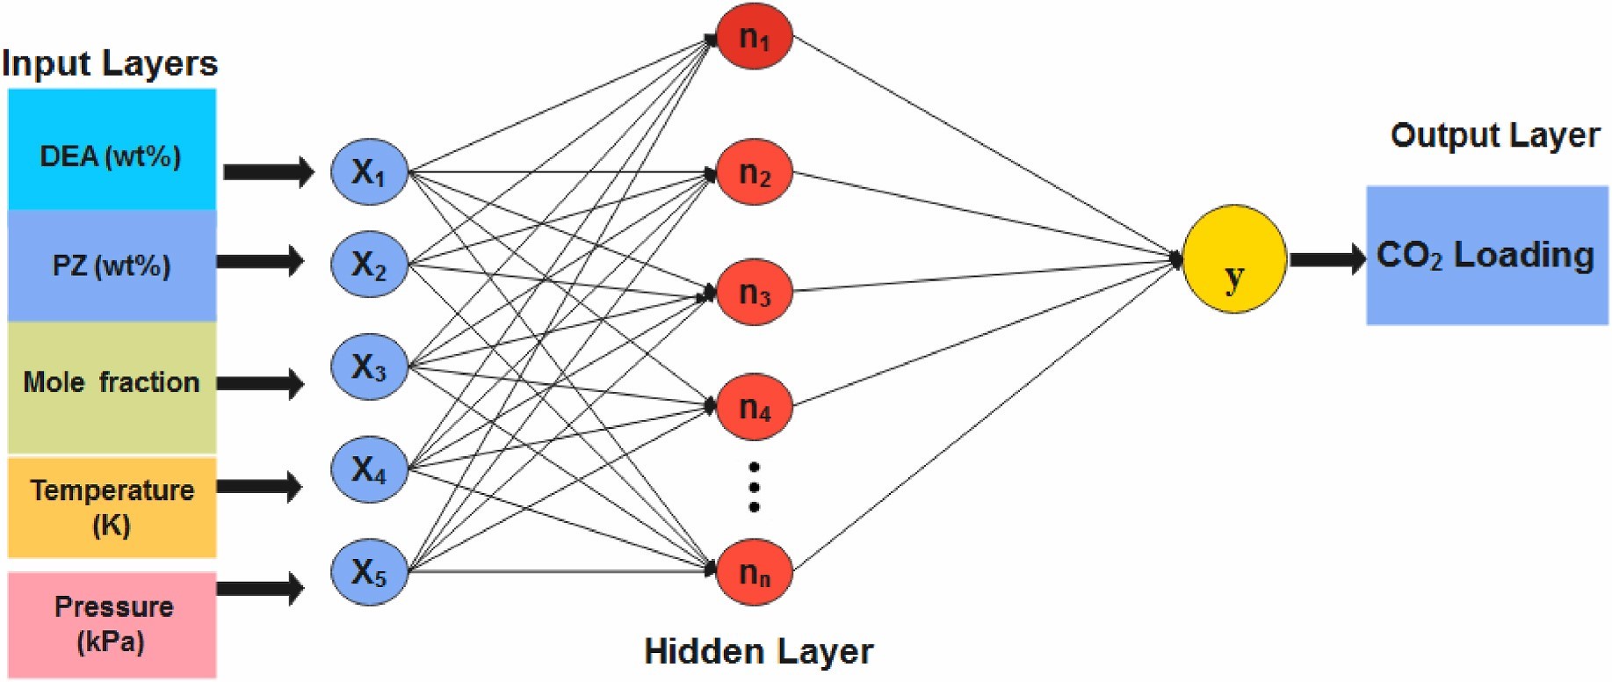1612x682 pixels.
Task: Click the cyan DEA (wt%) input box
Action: click(x=112, y=149)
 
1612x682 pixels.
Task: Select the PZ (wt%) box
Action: click(x=112, y=265)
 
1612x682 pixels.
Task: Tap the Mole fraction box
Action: click(x=112, y=387)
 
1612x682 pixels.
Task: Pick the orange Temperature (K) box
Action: click(x=112, y=507)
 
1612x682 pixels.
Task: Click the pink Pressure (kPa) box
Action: click(x=112, y=624)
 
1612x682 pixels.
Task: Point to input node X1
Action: click(x=370, y=172)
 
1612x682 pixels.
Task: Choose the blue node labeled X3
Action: click(x=370, y=366)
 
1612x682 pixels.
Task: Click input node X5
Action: click(x=370, y=572)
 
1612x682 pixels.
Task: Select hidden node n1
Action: click(x=755, y=37)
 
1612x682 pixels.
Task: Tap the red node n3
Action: click(x=755, y=292)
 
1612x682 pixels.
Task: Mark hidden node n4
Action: click(x=755, y=407)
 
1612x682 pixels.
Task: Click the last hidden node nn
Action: click(x=755, y=572)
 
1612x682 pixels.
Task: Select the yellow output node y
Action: click(x=1234, y=259)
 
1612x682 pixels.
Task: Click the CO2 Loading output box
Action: click(x=1486, y=256)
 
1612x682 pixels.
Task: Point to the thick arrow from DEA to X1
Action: click(x=269, y=171)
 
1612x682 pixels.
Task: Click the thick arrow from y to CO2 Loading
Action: click(x=1327, y=258)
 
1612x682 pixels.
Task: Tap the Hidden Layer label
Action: click(x=759, y=651)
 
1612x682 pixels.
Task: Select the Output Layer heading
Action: click(x=1495, y=135)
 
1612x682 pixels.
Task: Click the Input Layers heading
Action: click(x=110, y=63)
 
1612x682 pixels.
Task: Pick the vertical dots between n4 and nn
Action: click(x=754, y=487)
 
